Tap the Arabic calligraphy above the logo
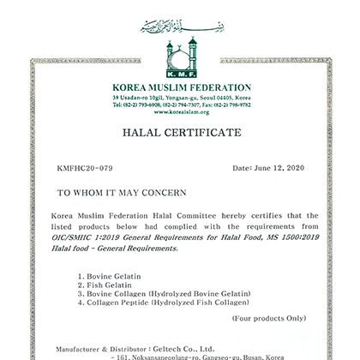coord(180,23)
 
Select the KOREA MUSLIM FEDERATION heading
coord(180,88)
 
